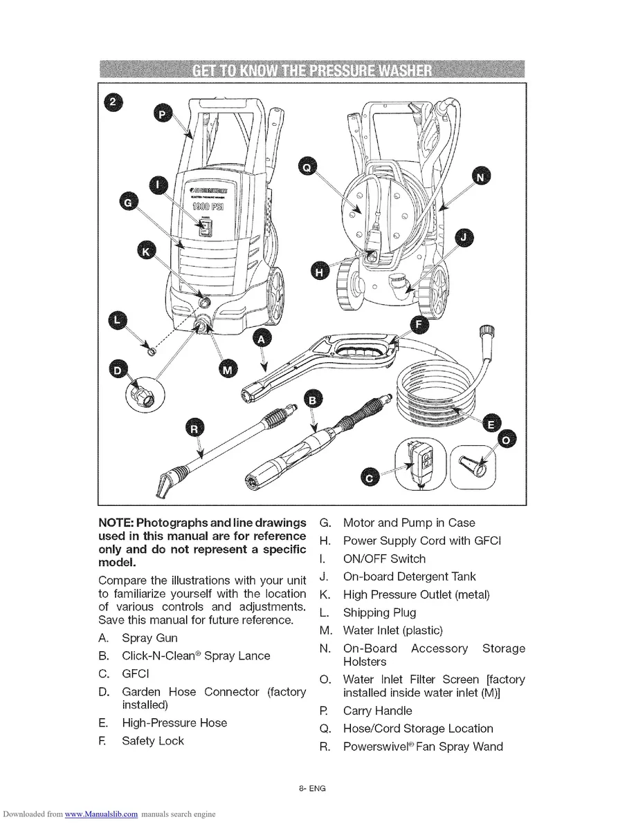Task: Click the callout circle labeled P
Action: (163, 115)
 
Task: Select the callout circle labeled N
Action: (479, 177)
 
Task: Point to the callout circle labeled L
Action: (119, 319)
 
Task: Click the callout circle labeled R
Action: (195, 429)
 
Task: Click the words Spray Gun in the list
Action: (149, 638)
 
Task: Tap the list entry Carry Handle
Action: (377, 711)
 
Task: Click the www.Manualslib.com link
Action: (101, 814)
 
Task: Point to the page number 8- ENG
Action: (313, 789)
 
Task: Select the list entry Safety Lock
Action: (153, 741)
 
